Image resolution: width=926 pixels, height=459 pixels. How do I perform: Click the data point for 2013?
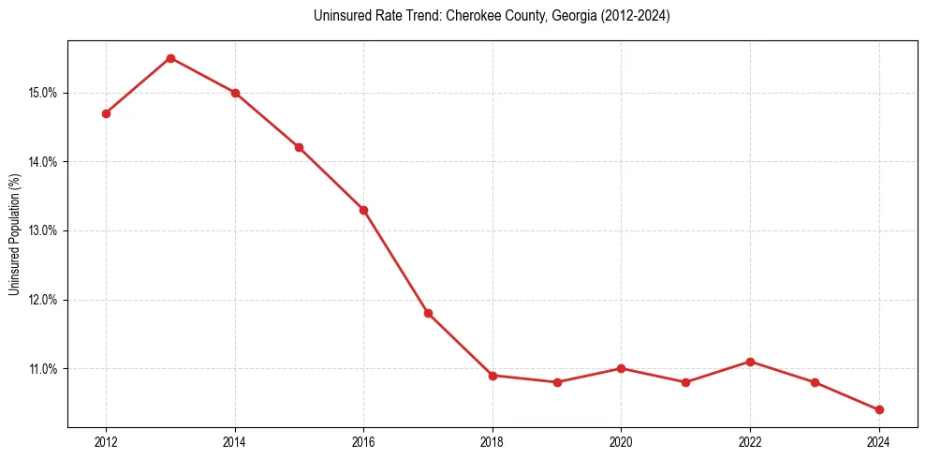coord(170,58)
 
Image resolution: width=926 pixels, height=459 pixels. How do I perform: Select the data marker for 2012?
coord(106,113)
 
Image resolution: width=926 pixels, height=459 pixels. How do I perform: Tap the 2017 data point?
coord(428,313)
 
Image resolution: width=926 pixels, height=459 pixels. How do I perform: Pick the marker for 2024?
coord(879,409)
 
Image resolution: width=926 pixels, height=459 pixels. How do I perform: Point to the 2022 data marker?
coord(750,362)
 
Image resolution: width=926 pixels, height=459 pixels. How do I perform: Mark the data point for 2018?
coord(492,376)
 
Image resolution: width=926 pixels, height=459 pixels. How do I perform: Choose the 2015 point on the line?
coord(299,147)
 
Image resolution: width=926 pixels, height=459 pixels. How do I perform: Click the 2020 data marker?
coord(621,368)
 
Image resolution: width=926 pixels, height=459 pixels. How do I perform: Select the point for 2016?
coord(363,210)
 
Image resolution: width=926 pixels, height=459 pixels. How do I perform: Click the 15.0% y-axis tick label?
coord(44,93)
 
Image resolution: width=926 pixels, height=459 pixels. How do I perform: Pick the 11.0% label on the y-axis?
coord(44,368)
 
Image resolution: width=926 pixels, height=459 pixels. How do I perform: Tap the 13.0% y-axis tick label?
coord(44,230)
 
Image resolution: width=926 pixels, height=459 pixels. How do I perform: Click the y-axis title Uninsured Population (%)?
coord(15,235)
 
